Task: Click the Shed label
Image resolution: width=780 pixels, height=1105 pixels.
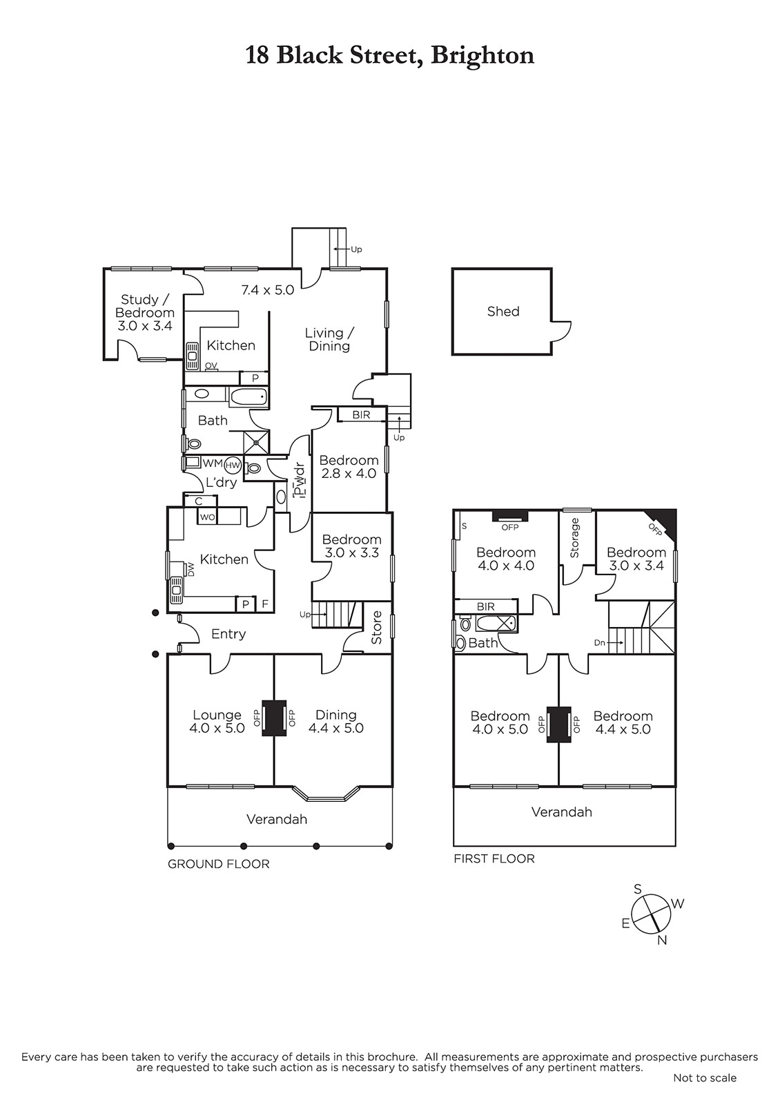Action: [x=503, y=311]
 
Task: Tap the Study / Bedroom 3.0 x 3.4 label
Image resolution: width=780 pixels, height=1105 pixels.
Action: [x=145, y=312]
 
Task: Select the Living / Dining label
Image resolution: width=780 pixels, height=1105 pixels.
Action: [x=329, y=339]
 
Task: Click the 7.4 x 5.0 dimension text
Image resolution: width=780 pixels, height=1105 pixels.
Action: [x=268, y=289]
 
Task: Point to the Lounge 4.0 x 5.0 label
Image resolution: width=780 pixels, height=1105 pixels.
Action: [x=217, y=722]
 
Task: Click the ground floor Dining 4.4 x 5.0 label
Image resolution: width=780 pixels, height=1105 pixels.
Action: [x=335, y=722]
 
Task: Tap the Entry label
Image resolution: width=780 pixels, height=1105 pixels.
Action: [x=228, y=635]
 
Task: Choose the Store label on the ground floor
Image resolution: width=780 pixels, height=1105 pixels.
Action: [x=377, y=628]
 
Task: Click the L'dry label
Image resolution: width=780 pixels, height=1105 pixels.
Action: [x=222, y=483]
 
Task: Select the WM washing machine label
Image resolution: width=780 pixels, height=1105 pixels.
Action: [x=213, y=463]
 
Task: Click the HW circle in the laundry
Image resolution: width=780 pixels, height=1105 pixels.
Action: [x=233, y=465]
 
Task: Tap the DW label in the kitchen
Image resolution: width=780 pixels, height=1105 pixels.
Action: [x=191, y=570]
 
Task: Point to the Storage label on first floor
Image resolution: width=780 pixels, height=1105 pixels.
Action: [x=574, y=538]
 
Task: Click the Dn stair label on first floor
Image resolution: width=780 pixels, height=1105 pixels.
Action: [x=600, y=643]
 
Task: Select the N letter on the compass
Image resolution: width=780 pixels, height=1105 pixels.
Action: [x=662, y=940]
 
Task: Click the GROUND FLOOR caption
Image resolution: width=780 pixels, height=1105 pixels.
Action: [x=218, y=864]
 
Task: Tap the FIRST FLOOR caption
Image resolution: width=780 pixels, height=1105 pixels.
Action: [x=494, y=859]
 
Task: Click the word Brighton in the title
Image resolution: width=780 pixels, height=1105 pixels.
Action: [x=482, y=56]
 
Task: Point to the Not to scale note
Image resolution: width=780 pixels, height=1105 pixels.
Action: [x=705, y=1078]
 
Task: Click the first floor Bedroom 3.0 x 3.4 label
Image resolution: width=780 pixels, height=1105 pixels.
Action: [x=636, y=559]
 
